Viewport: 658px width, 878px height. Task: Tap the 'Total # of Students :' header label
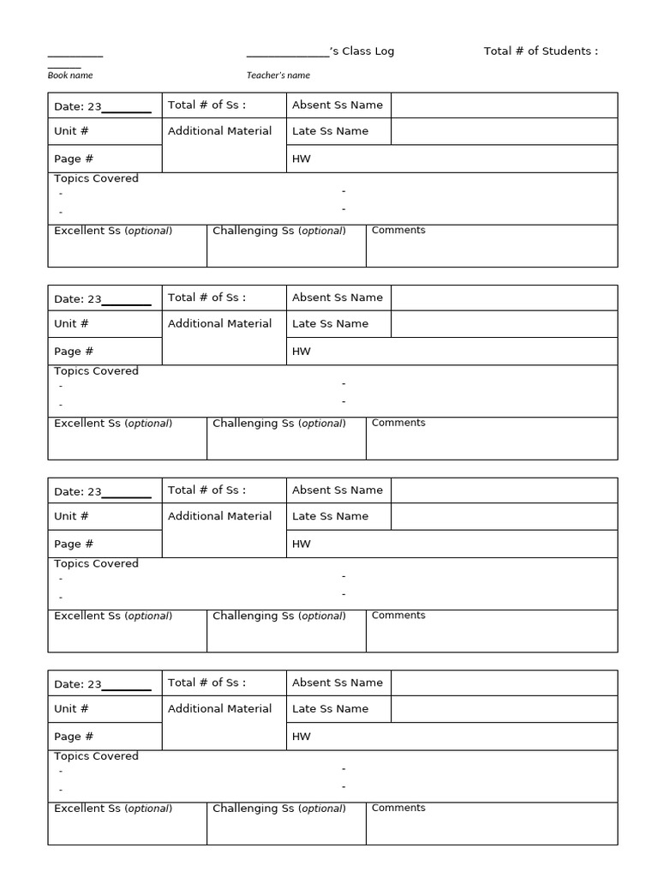pyautogui.click(x=541, y=51)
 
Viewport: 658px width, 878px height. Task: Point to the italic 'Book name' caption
pyautogui.click(x=70, y=75)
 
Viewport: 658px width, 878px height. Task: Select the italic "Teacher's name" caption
pyautogui.click(x=278, y=75)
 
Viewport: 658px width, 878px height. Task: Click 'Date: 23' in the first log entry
pyautogui.click(x=78, y=107)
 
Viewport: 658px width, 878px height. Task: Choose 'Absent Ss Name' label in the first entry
pyautogui.click(x=338, y=105)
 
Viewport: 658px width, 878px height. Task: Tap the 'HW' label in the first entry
pyautogui.click(x=302, y=159)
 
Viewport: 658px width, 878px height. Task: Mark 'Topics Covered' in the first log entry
pyautogui.click(x=96, y=178)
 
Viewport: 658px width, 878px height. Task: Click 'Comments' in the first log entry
pyautogui.click(x=398, y=231)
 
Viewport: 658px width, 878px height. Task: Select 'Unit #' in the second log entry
pyautogui.click(x=71, y=324)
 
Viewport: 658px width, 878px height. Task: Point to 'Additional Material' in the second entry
pyautogui.click(x=220, y=324)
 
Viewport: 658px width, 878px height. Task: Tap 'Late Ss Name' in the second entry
pyautogui.click(x=331, y=324)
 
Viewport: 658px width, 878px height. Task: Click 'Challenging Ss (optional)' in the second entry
pyautogui.click(x=279, y=424)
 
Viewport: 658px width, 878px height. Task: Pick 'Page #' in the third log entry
pyautogui.click(x=74, y=544)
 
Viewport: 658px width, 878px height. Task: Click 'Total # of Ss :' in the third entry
pyautogui.click(x=206, y=490)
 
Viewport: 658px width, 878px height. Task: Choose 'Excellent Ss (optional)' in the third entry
pyautogui.click(x=113, y=616)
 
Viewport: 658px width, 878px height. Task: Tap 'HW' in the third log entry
pyautogui.click(x=302, y=544)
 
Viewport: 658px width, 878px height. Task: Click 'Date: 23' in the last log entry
pyautogui.click(x=78, y=685)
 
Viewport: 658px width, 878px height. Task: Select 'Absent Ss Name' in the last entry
pyautogui.click(x=338, y=683)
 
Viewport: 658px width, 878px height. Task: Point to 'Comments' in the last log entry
pyautogui.click(x=398, y=808)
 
